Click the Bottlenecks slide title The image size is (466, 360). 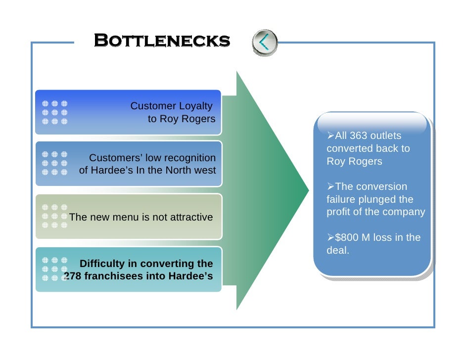tap(162, 41)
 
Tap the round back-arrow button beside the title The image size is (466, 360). tap(265, 42)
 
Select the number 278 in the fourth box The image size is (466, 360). tap(73, 276)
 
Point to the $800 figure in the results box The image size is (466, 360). tap(347, 238)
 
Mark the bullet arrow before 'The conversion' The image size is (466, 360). tap(331, 187)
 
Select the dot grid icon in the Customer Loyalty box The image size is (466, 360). tap(54, 112)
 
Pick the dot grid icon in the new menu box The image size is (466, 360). tap(54, 216)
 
